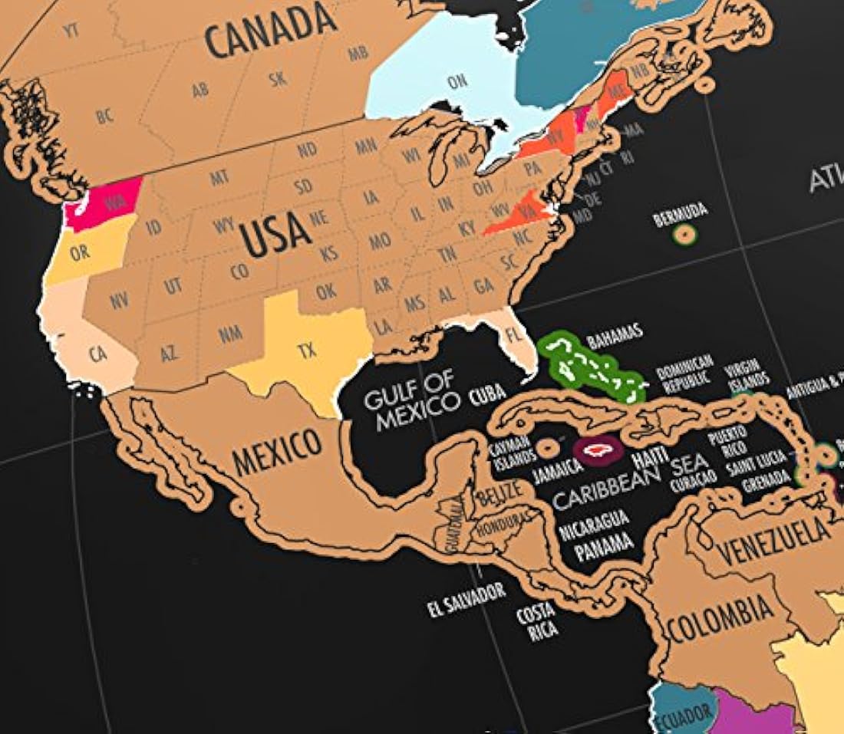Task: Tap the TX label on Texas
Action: click(307, 351)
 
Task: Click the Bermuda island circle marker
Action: click(685, 234)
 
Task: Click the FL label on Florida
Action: click(515, 335)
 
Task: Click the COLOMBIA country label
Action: click(720, 620)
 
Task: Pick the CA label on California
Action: click(98, 354)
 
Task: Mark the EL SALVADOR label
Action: click(467, 600)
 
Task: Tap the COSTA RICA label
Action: click(537, 623)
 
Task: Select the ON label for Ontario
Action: click(457, 81)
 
